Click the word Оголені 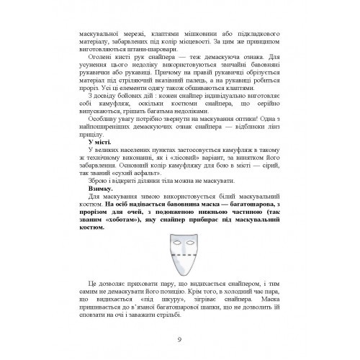click(x=100, y=55)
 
